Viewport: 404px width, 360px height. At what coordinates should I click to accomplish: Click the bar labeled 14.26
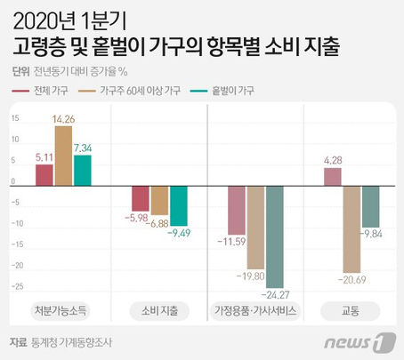(x=63, y=156)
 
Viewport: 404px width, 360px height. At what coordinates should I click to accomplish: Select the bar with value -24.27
(x=275, y=237)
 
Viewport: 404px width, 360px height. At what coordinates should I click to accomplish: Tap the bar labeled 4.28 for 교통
(x=332, y=177)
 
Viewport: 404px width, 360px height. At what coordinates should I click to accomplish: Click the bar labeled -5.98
(x=140, y=198)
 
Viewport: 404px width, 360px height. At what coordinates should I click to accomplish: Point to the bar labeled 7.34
(x=83, y=170)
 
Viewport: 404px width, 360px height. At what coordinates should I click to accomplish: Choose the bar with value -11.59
(x=236, y=210)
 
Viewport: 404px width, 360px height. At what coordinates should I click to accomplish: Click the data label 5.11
(x=44, y=157)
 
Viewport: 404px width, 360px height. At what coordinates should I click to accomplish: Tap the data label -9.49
(x=179, y=233)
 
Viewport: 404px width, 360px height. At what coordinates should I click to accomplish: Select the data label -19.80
(x=255, y=276)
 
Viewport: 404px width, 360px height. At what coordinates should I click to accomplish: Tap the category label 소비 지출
(x=158, y=311)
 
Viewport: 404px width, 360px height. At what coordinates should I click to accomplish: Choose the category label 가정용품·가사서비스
(x=255, y=311)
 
